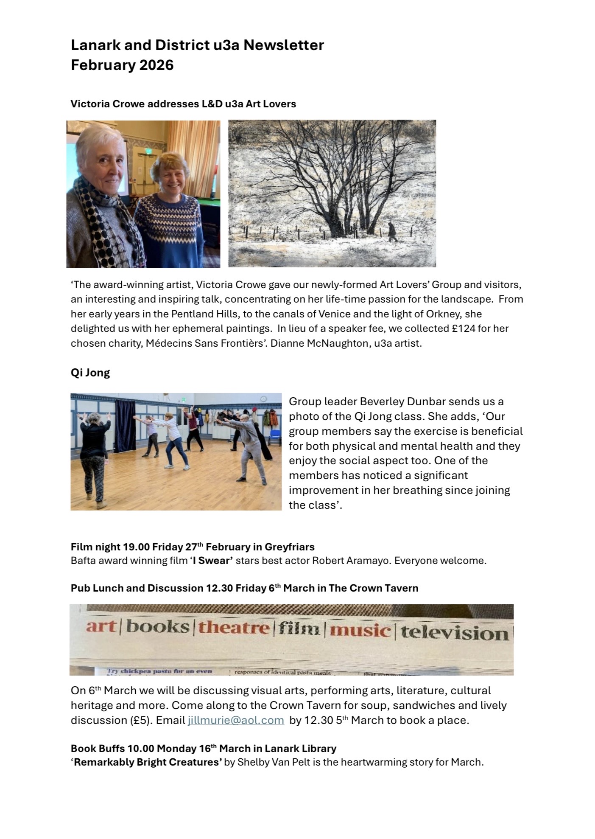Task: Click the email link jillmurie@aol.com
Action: tap(236, 720)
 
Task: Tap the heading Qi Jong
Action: tap(90, 373)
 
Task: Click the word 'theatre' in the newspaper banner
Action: tap(234, 627)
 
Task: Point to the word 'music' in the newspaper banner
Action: tap(360, 630)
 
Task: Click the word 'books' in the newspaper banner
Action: tap(158, 626)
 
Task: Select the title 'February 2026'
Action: tap(122, 65)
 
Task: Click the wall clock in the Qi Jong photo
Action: tap(263, 398)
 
